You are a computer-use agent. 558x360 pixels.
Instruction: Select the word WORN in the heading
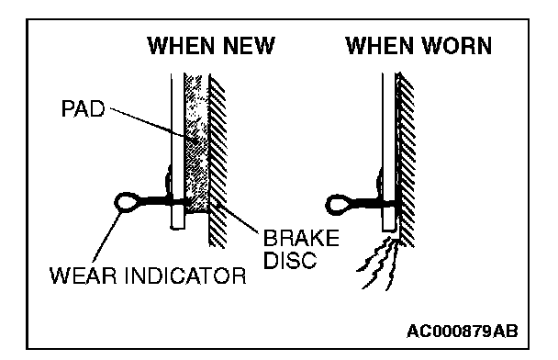tap(456, 46)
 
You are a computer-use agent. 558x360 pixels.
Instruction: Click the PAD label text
tap(84, 108)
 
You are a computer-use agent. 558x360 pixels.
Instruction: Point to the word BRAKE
tap(301, 238)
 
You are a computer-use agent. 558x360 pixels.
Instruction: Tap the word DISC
tap(290, 260)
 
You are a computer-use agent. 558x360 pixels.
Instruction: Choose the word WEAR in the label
tap(84, 276)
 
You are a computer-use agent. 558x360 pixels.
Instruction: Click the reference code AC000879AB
tap(463, 332)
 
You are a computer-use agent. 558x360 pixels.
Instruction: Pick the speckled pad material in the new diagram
tap(196, 142)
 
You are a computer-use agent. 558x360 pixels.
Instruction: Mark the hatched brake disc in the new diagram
tap(218, 160)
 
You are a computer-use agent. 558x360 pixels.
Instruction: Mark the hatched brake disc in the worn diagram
tap(405, 159)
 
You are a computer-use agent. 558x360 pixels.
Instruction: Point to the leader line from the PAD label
tap(154, 125)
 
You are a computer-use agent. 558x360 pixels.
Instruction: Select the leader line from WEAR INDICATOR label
tap(106, 237)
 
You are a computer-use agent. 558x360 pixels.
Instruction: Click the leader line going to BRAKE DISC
tap(236, 218)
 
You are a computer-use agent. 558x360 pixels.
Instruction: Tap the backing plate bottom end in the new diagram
tap(177, 227)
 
